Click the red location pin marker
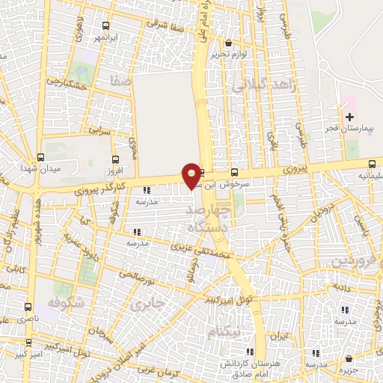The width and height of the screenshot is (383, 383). pyautogui.click(x=192, y=175)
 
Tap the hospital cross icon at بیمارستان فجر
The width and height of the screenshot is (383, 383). pyautogui.click(x=349, y=116)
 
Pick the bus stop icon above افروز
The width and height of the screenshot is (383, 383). pyautogui.click(x=115, y=159)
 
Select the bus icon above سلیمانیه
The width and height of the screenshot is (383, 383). pyautogui.click(x=372, y=165)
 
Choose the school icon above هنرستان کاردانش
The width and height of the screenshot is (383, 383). pyautogui.click(x=250, y=352)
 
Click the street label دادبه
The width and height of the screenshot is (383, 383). pyautogui.click(x=341, y=287)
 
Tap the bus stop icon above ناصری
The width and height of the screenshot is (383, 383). pyautogui.click(x=28, y=307)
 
